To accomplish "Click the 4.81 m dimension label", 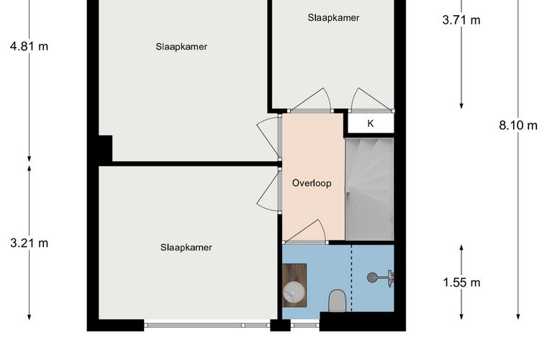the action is (x=30, y=46).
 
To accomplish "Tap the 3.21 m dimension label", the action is (x=30, y=243).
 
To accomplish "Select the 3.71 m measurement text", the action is (x=461, y=20).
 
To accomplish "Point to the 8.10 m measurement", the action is (x=518, y=125).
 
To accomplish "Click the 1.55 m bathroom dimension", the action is (x=461, y=282).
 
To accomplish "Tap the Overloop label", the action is (x=312, y=184).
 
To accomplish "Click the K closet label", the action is (x=371, y=124).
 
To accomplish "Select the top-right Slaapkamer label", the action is (x=333, y=18).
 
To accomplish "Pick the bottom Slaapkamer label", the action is (x=186, y=248).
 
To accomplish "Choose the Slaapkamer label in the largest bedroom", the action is (x=181, y=47).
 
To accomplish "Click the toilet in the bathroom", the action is (x=337, y=301).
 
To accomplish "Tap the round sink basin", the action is (x=294, y=292).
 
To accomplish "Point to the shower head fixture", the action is (x=381, y=278).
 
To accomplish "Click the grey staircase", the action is (x=369, y=189).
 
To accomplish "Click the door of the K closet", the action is (x=372, y=101).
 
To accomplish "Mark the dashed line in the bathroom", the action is (x=351, y=278).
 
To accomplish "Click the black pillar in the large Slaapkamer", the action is (x=105, y=149).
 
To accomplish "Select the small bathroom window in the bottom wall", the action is (x=305, y=325).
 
